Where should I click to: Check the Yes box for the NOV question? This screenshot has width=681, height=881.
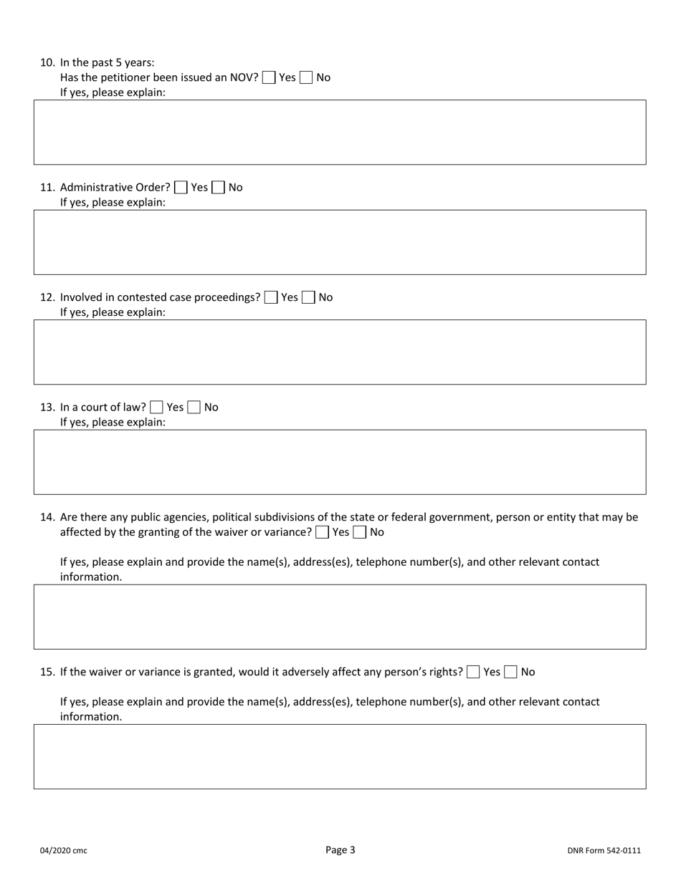pyautogui.click(x=269, y=77)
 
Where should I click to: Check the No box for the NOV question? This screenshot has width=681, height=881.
pyautogui.click(x=306, y=77)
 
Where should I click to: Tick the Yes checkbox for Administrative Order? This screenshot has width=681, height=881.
pyautogui.click(x=181, y=188)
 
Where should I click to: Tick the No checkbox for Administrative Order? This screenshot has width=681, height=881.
pyautogui.click(x=218, y=188)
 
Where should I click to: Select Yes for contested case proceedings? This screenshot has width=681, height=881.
pyautogui.click(x=271, y=297)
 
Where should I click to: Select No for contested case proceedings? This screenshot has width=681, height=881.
pyautogui.click(x=308, y=297)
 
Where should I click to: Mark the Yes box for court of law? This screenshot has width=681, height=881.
pyautogui.click(x=156, y=408)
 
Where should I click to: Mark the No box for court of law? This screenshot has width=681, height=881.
pyautogui.click(x=194, y=408)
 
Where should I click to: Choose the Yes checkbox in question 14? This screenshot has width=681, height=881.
pyautogui.click(x=323, y=532)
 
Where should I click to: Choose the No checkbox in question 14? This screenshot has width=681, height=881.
pyautogui.click(x=360, y=532)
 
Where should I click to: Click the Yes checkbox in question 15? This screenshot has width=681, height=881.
pyautogui.click(x=473, y=672)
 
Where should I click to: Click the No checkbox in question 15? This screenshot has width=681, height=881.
pyautogui.click(x=510, y=672)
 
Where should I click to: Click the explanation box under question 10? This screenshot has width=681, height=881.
pyautogui.click(x=340, y=133)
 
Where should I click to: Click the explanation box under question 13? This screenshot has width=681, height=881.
pyautogui.click(x=340, y=462)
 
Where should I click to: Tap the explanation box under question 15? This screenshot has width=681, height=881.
pyautogui.click(x=340, y=756)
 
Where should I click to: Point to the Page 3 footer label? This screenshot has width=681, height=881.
pyautogui.click(x=340, y=850)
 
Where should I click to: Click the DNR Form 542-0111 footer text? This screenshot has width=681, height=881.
pyautogui.click(x=604, y=851)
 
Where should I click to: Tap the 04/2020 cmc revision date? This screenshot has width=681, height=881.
pyautogui.click(x=63, y=851)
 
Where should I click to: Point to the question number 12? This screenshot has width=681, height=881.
pyautogui.click(x=47, y=297)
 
